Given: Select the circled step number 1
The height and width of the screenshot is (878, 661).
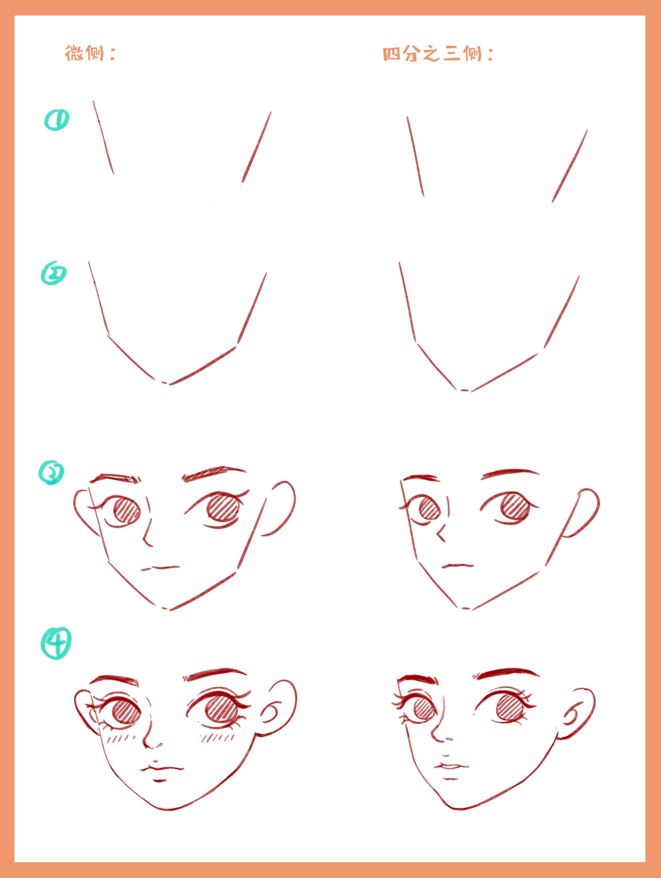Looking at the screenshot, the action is coord(57,120).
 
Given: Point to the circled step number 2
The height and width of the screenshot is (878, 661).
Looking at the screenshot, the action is coord(54,273).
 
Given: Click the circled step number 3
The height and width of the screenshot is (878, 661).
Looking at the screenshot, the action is coord(52,473).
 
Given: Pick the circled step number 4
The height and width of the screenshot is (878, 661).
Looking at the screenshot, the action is coord(56,643).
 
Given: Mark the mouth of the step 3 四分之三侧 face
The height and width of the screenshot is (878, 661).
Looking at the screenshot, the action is coord(458,566).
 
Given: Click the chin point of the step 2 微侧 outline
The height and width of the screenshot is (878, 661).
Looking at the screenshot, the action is coord(164,383).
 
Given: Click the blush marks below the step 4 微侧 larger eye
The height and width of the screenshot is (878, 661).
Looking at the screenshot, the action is coord(217,738).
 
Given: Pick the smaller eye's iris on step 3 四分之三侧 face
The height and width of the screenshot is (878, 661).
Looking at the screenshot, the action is coord(429,509).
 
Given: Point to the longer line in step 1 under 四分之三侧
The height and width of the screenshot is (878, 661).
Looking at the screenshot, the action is coord(570,166).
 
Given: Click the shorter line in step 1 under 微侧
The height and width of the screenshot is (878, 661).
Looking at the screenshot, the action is coord(103,137).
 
